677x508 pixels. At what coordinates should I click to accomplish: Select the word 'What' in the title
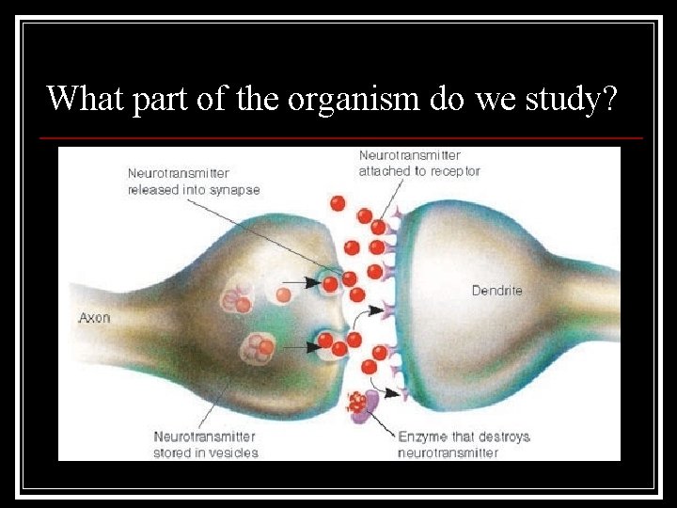[x=86, y=97]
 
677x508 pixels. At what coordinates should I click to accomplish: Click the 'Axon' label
[x=94, y=318]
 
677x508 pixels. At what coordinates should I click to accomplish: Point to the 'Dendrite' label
[x=497, y=291]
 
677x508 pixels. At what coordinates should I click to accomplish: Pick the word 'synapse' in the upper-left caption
[x=234, y=189]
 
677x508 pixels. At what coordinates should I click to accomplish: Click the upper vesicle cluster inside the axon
[x=236, y=298]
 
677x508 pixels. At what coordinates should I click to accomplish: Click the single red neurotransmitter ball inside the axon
[x=283, y=294]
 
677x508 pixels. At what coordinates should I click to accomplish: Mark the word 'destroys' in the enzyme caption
[x=504, y=437]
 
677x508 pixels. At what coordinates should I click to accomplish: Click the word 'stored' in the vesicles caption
[x=174, y=452]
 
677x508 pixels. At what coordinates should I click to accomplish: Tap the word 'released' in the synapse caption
[x=152, y=189]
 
